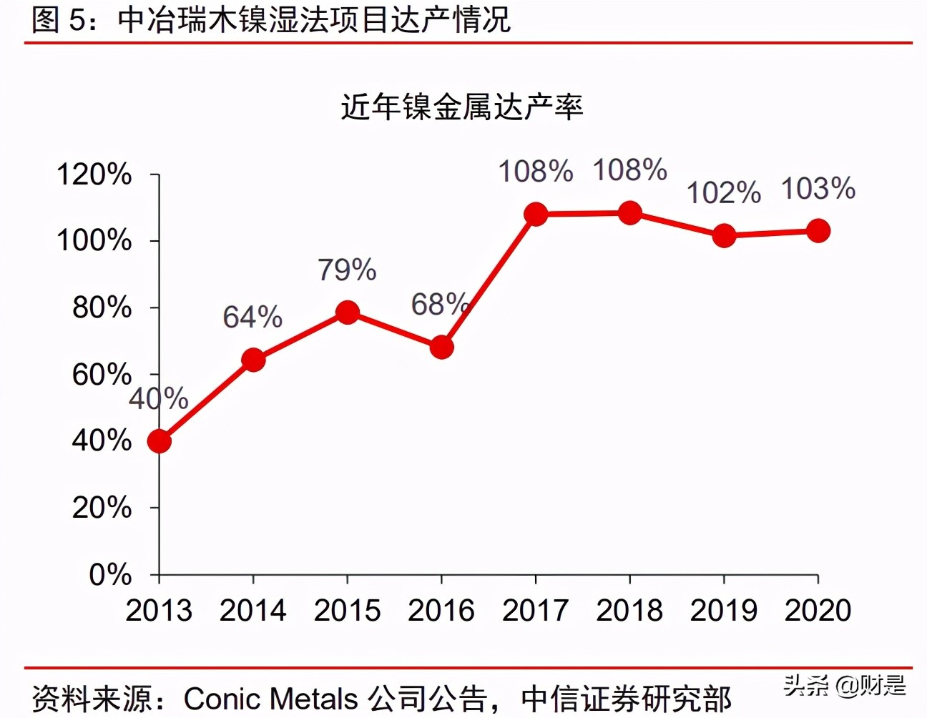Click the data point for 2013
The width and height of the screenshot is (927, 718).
(x=159, y=441)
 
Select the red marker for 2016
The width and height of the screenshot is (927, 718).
(x=441, y=348)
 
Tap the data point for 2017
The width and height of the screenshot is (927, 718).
(x=536, y=214)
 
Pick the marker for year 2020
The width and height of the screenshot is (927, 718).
(x=818, y=231)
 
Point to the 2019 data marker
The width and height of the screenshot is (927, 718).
(x=724, y=235)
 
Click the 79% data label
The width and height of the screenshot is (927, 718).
(x=347, y=270)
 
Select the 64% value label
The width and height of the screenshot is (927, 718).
(x=252, y=318)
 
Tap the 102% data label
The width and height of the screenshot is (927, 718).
(x=724, y=193)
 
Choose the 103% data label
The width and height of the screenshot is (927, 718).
(x=818, y=190)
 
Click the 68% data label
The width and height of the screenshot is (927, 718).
(x=439, y=305)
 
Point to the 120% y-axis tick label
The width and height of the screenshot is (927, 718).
(x=94, y=174)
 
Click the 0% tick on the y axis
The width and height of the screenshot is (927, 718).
(x=110, y=575)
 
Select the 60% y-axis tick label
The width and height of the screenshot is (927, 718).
(x=102, y=375)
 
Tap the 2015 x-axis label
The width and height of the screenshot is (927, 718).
(x=347, y=611)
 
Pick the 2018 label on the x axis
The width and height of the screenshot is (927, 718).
(x=629, y=611)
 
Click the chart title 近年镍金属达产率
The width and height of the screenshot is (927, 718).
(x=462, y=107)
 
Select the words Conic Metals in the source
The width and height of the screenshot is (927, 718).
(x=270, y=699)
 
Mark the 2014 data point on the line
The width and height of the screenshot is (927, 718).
(x=253, y=360)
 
